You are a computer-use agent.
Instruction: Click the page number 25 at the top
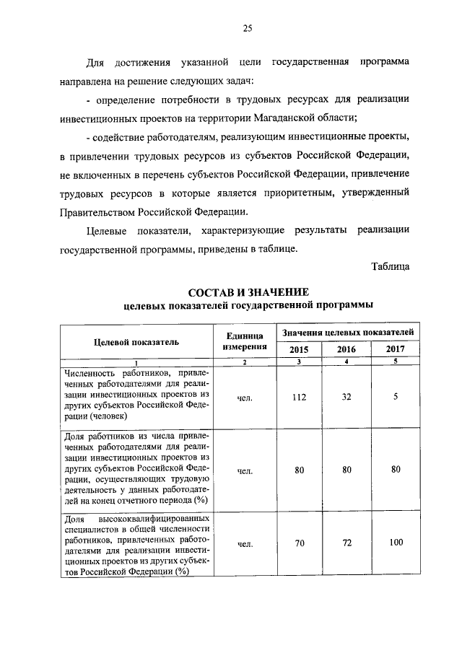click(x=247, y=28)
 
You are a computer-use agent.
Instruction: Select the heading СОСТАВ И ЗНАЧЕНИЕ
click(x=248, y=292)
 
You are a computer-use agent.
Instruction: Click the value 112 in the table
click(x=299, y=396)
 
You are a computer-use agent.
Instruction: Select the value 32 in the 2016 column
click(x=346, y=396)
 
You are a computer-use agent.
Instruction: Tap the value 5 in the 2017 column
click(x=396, y=396)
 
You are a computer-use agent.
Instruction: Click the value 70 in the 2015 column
click(x=299, y=543)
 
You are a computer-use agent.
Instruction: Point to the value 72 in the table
click(x=346, y=543)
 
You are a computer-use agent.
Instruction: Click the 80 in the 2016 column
click(x=346, y=470)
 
